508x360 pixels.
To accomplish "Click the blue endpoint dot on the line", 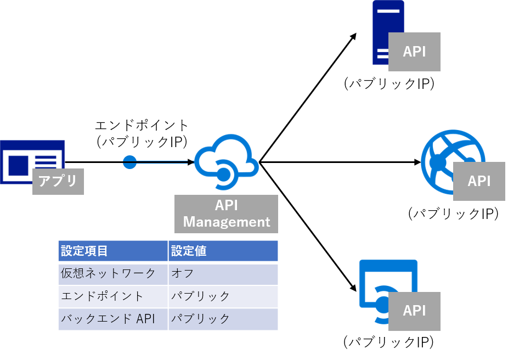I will click(x=129, y=162).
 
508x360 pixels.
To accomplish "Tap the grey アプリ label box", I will click(x=58, y=181).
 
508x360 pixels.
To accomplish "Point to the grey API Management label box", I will click(x=227, y=213).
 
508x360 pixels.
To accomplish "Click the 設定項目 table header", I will click(x=112, y=251).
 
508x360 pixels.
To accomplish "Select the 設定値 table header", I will click(x=223, y=251).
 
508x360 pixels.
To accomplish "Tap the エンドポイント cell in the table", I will click(x=112, y=296).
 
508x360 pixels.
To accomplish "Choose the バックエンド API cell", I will click(x=112, y=319).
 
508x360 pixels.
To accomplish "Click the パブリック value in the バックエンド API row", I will click(x=223, y=319).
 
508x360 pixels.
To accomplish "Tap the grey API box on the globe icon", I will click(x=479, y=181).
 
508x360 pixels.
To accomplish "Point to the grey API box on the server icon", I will click(x=414, y=52).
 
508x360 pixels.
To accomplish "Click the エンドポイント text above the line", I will click(x=142, y=125).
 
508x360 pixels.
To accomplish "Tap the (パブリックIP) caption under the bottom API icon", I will click(x=389, y=342).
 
